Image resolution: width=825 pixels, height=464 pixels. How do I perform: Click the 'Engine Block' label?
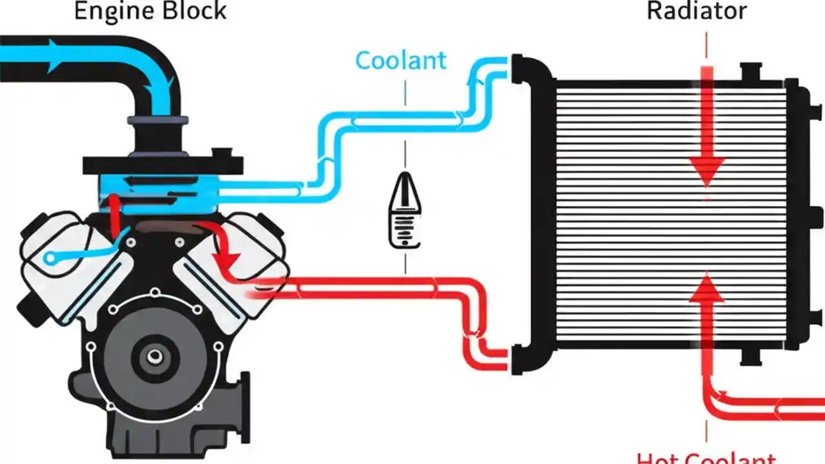coord(150,11)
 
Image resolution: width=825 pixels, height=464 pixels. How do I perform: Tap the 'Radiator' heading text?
coord(697,11)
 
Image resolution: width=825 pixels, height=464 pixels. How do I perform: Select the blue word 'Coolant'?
coord(400,60)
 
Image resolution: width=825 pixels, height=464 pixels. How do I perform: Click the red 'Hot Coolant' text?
coord(706,456)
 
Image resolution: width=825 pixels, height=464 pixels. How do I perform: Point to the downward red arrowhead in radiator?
coord(706,172)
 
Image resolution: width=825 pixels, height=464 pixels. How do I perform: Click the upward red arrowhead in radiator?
coord(707,287)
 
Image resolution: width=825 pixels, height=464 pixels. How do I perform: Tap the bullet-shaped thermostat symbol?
coord(405,209)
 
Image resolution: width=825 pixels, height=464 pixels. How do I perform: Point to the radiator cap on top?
coord(752,71)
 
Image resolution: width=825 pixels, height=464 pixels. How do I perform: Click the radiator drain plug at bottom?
coord(752,357)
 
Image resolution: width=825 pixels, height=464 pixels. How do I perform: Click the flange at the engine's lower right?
coord(243,400)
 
